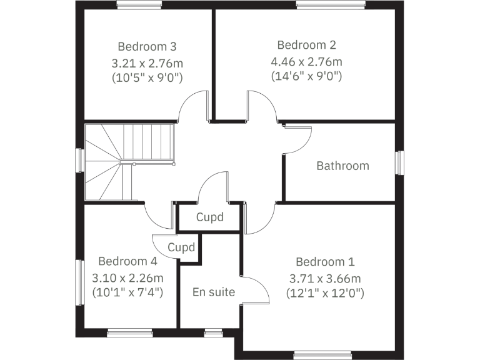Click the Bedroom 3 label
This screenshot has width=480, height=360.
(147, 46)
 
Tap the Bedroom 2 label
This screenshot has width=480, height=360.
(307, 45)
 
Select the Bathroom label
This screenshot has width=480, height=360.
(342, 166)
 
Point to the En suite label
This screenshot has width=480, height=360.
(214, 292)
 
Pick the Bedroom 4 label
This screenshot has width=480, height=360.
(127, 261)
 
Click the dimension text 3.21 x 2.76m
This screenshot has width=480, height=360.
(147, 63)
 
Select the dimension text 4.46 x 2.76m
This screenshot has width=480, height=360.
(307, 62)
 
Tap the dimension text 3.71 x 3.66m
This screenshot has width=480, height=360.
(325, 278)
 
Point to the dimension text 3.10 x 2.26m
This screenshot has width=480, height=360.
(127, 278)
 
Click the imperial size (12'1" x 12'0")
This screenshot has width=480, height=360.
(325, 292)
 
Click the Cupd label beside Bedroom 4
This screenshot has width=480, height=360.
(182, 247)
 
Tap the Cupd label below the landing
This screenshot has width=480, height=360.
(209, 218)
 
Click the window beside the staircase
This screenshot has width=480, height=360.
(79, 160)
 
